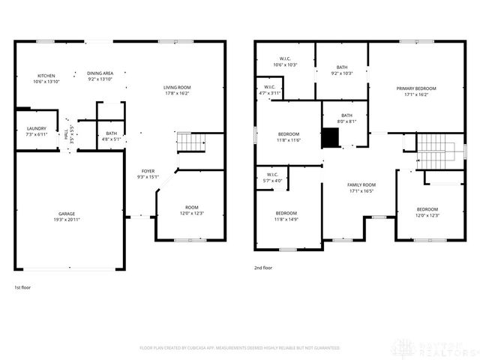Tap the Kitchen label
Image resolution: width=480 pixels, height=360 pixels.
click(46, 78)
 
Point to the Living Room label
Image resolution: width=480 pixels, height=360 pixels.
click(177, 90)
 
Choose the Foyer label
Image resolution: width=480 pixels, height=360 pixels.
click(147, 174)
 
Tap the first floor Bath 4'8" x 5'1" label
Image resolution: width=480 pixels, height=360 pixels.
click(110, 136)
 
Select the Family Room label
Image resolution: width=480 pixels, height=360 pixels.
click(361, 187)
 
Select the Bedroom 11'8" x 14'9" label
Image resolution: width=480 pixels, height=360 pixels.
click(285, 216)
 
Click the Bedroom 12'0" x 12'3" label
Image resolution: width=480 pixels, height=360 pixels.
click(427, 212)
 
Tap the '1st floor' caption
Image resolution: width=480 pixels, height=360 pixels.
click(22, 287)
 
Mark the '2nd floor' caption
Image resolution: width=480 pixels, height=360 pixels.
click(264, 266)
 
